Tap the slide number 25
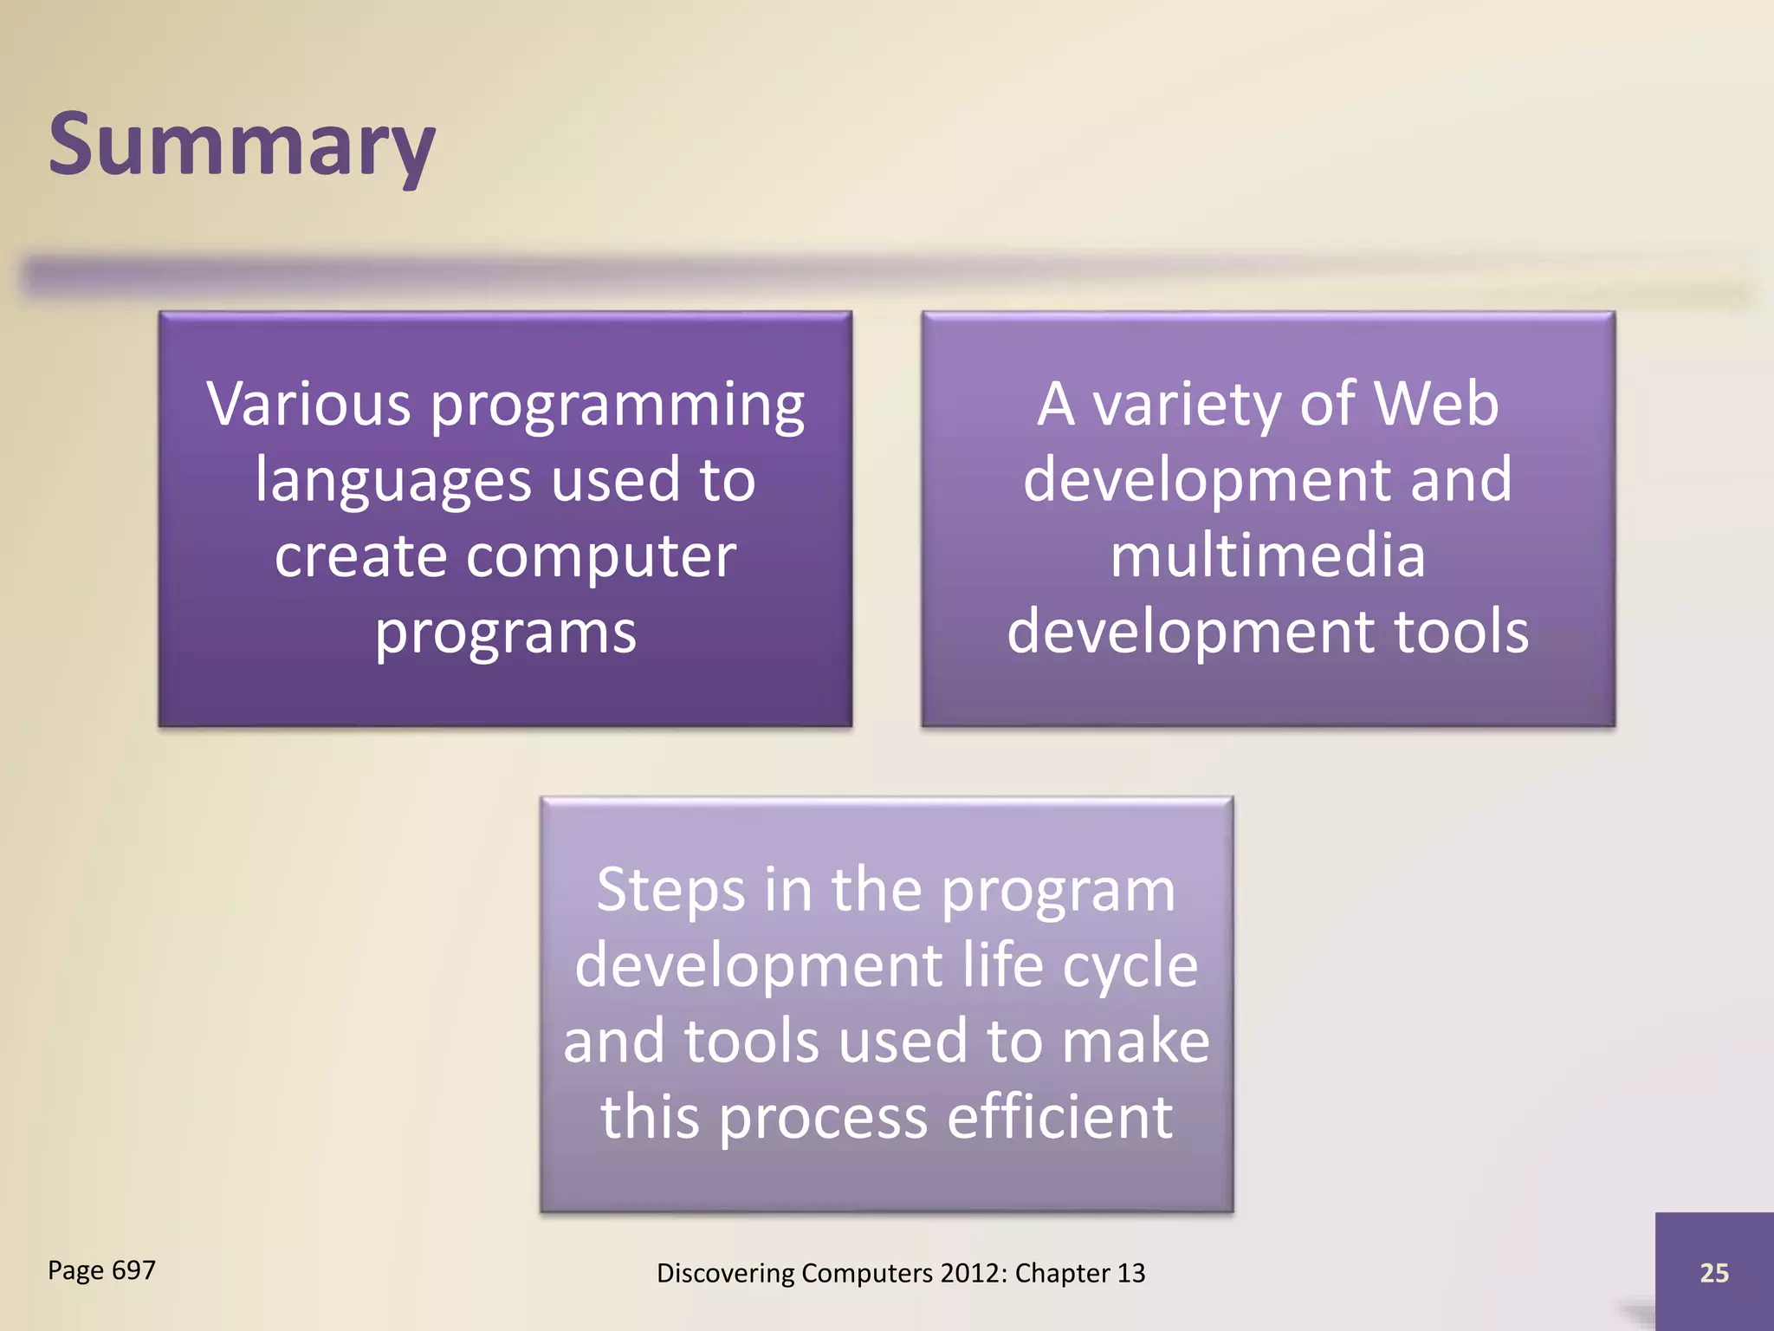[1713, 1272]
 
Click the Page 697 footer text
[101, 1270]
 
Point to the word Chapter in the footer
[1062, 1273]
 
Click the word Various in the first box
[308, 404]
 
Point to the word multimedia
[1267, 555]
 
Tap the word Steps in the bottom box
[670, 891]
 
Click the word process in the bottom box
[823, 1118]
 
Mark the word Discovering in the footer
[725, 1273]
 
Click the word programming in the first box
[617, 406]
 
